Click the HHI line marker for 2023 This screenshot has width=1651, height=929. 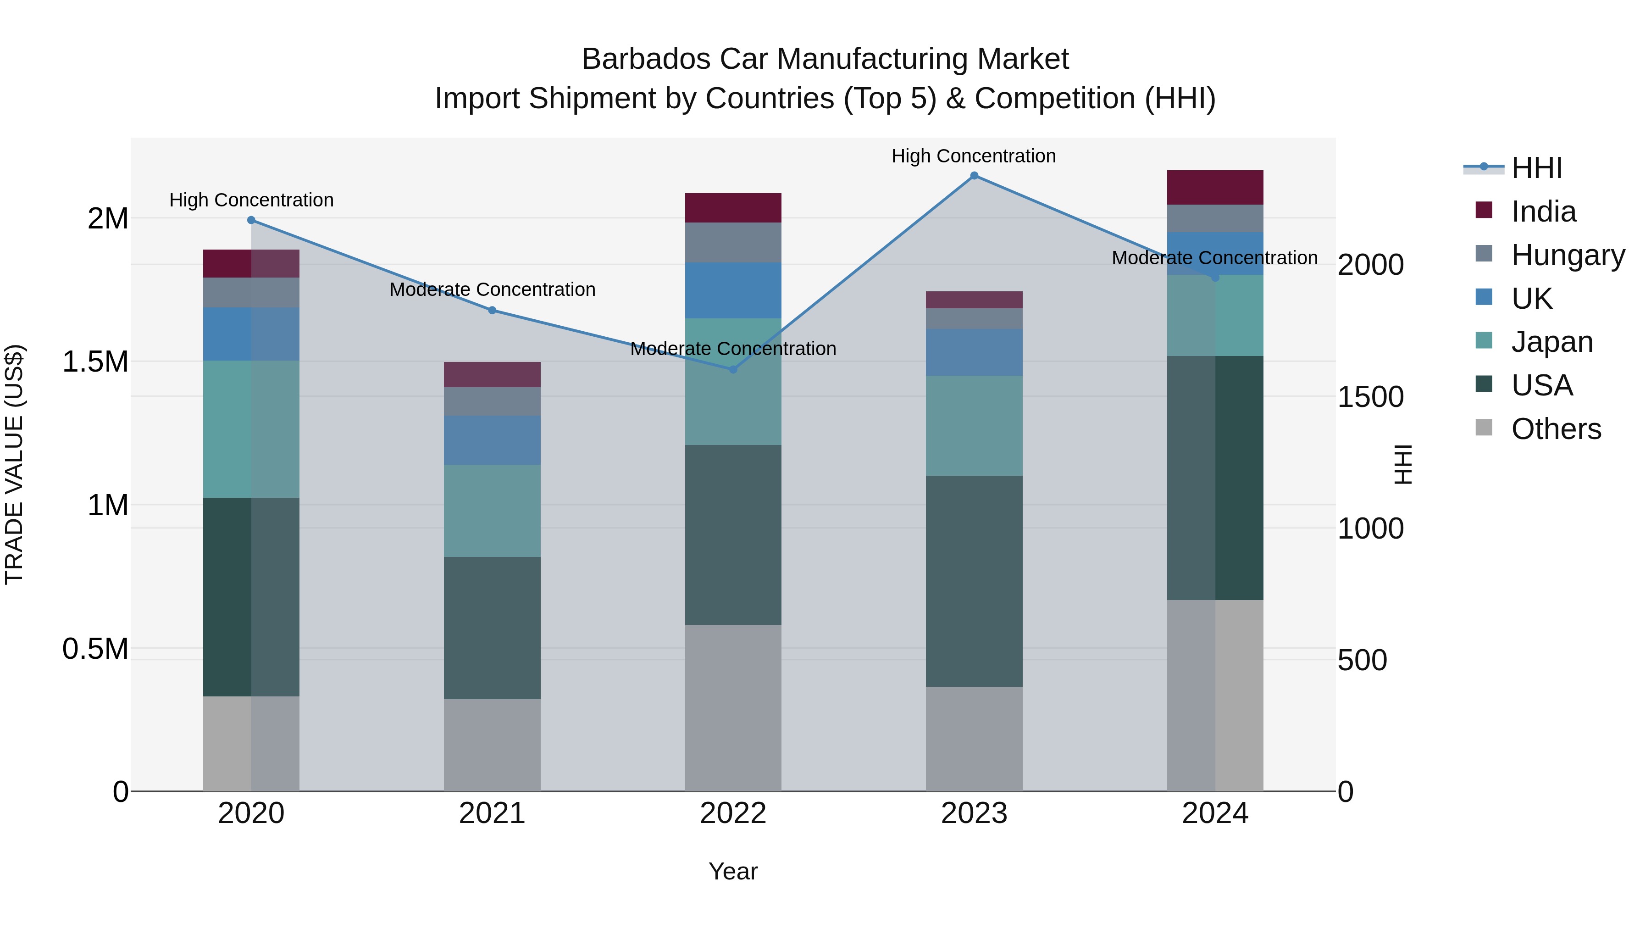(974, 176)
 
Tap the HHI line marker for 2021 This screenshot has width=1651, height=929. (492, 310)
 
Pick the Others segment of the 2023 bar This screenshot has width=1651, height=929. (974, 739)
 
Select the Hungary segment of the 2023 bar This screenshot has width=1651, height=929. (974, 319)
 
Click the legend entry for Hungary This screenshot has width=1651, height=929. (1567, 255)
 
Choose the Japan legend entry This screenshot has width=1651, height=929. (1551, 342)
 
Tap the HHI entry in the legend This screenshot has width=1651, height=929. (1536, 168)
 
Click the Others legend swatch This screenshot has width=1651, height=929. (1484, 428)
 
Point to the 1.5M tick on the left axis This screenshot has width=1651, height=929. (95, 362)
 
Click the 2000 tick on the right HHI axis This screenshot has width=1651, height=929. (1370, 265)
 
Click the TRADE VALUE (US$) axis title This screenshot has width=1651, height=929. (14, 464)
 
